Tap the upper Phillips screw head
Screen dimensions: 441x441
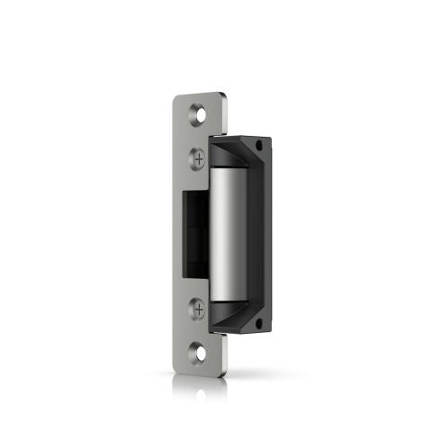198,157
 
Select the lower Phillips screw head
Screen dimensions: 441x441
198,309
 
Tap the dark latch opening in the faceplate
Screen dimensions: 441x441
192,232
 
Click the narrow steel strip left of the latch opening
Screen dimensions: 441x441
178,232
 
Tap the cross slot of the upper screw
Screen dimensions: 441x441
198,157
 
